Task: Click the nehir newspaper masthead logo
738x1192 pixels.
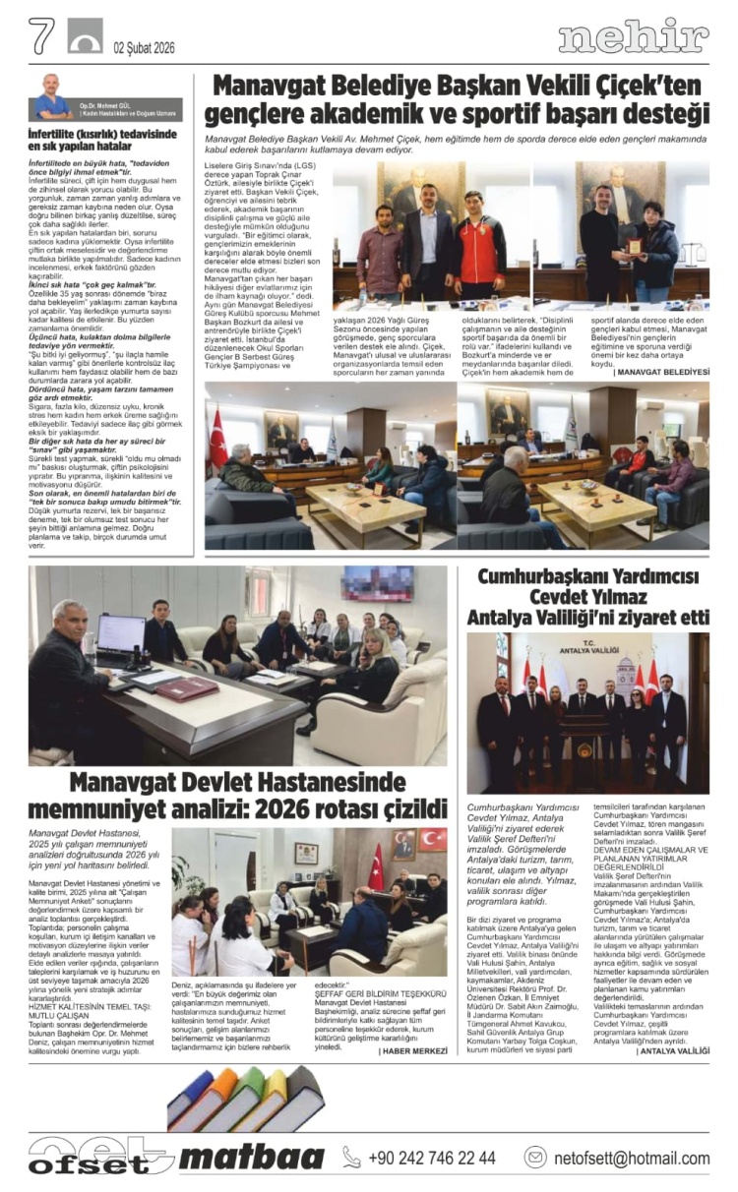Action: pos(633,38)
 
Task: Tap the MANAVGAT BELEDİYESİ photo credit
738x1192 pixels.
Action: pos(660,373)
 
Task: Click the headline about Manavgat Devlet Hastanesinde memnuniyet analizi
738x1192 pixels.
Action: pos(236,797)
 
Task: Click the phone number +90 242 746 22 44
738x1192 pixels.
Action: pos(432,1158)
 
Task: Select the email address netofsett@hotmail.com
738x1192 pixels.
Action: pos(631,1158)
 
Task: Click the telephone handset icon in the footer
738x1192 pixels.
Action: pos(351,1158)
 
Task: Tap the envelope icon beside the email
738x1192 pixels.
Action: pos(535,1158)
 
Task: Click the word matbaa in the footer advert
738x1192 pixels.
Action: pos(251,1157)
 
